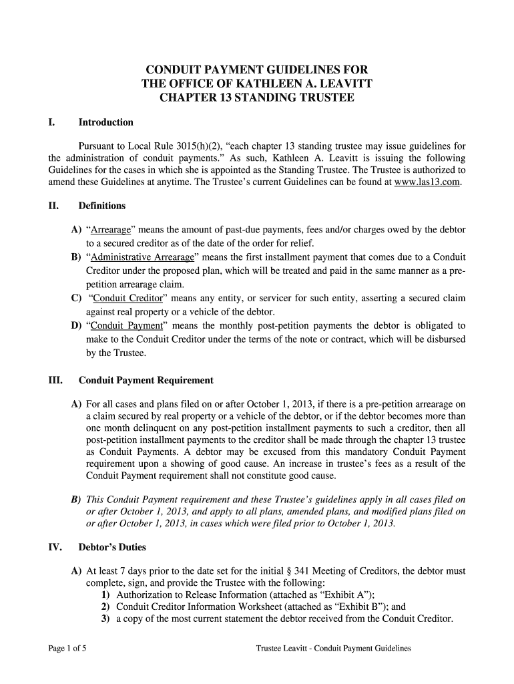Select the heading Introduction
click(x=105, y=122)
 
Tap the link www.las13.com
click(x=427, y=182)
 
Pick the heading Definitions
click(x=102, y=206)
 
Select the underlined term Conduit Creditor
click(x=126, y=299)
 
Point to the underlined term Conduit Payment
click(x=127, y=326)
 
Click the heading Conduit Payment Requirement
click(x=146, y=380)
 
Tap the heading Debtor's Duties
click(x=112, y=547)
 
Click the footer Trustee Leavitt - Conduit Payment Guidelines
click(x=333, y=648)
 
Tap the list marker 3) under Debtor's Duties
click(x=105, y=619)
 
